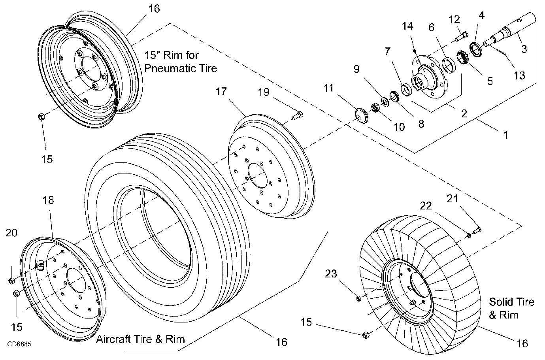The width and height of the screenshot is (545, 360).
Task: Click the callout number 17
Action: click(221, 92)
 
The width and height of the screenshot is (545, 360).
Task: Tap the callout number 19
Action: click(264, 92)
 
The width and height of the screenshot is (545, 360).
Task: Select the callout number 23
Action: click(331, 274)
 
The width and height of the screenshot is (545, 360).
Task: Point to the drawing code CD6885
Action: click(19, 345)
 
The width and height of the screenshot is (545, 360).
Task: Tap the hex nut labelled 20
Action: click(11, 281)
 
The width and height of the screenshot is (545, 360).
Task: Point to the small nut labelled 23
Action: click(358, 298)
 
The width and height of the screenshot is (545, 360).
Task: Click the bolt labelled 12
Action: click(462, 37)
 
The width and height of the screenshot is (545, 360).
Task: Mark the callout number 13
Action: click(519, 75)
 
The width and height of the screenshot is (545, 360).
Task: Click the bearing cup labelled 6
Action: click(448, 65)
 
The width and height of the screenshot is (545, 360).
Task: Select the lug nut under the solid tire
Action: click(366, 335)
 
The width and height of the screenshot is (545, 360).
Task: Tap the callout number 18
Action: click(48, 200)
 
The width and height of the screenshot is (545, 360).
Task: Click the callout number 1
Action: click(506, 135)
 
